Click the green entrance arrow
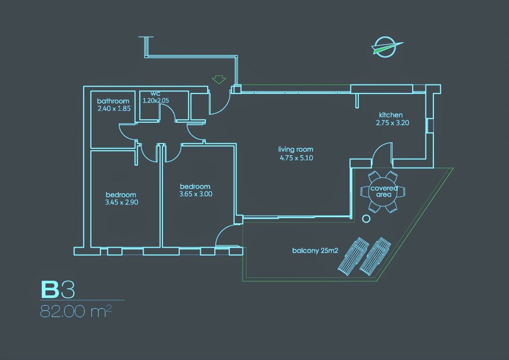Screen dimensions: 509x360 [x=219, y=80]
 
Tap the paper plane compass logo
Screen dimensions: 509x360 [x=386, y=47]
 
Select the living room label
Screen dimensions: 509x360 [x=296, y=149]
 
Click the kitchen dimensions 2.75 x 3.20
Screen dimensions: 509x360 [x=393, y=123]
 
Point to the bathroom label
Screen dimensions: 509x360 [x=113, y=101]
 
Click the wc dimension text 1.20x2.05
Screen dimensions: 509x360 [x=156, y=100]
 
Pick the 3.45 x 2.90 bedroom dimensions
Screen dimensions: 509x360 [x=122, y=202]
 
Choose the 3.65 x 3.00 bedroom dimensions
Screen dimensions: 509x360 [x=196, y=194]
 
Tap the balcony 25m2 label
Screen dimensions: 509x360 [x=315, y=251]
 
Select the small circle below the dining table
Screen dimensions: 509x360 [x=366, y=219]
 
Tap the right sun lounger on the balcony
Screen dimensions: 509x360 [x=375, y=257]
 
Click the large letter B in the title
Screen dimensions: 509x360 [x=50, y=290]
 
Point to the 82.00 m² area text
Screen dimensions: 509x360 [x=76, y=311]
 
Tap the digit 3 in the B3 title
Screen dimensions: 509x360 [x=68, y=290]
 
